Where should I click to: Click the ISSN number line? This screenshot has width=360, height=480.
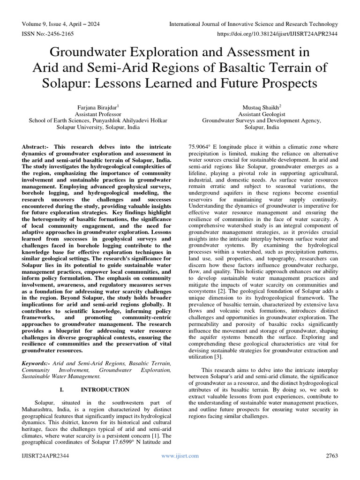[47, 34]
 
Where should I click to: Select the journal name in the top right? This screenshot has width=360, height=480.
[254, 24]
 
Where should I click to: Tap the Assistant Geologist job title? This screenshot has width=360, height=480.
[261, 113]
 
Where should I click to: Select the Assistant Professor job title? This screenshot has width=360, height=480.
[98, 113]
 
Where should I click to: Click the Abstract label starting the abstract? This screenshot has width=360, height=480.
[35, 147]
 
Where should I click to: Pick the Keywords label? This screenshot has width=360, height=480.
[37, 363]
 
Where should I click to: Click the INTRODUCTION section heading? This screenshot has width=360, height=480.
[105, 390]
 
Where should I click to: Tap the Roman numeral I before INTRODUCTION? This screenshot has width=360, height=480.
[61, 390]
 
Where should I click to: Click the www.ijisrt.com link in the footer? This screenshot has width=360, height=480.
[180, 456]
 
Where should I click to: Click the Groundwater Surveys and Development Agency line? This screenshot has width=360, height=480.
[261, 120]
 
